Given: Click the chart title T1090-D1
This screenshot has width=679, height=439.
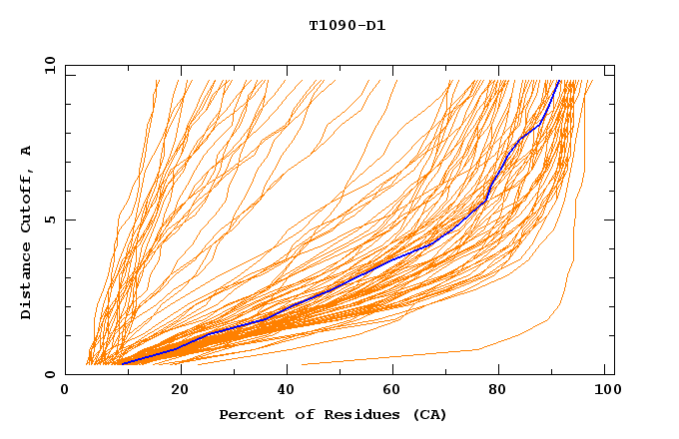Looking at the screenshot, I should pos(346,25).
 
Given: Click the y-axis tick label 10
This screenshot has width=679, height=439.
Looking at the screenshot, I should pos(49,64).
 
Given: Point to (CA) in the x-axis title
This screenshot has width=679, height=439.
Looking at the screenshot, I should pos(430,415).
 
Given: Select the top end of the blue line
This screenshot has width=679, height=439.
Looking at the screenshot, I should pos(559,81).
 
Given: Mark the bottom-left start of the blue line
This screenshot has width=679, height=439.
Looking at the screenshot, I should pos(121,364).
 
